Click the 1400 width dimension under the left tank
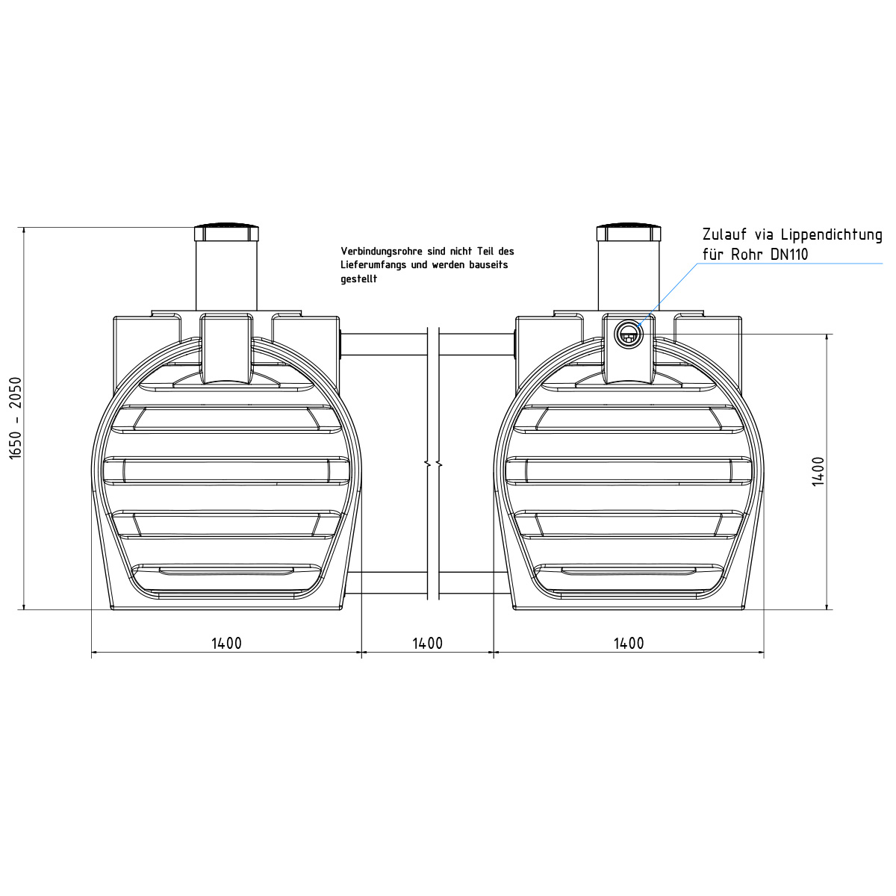[226, 643]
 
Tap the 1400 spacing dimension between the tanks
[427, 643]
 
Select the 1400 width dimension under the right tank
[629, 643]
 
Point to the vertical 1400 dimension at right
[818, 471]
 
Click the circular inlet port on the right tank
[628, 334]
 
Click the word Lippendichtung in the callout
[827, 235]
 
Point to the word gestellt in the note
[359, 279]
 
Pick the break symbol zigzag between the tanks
[433, 464]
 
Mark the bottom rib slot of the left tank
[226, 572]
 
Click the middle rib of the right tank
[629, 470]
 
